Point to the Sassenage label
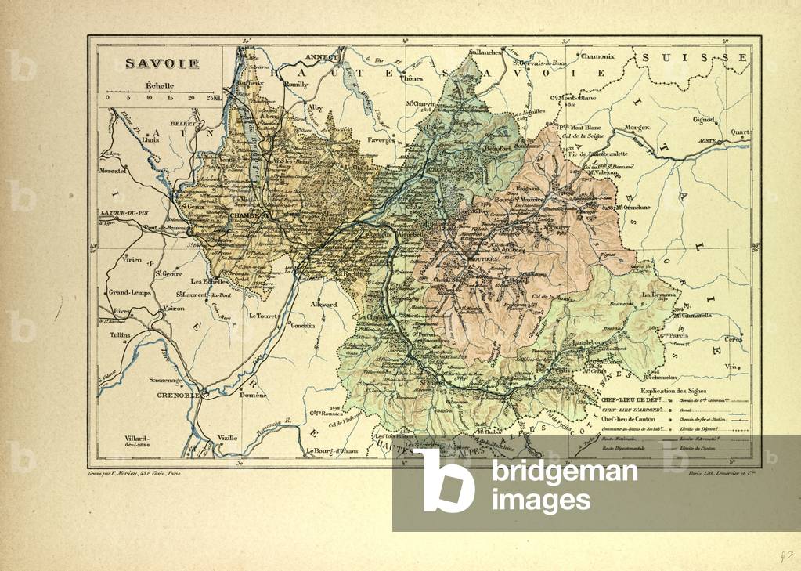point(166,381)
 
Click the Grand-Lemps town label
point(130,292)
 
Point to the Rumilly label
point(296,83)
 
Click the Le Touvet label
point(264,316)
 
